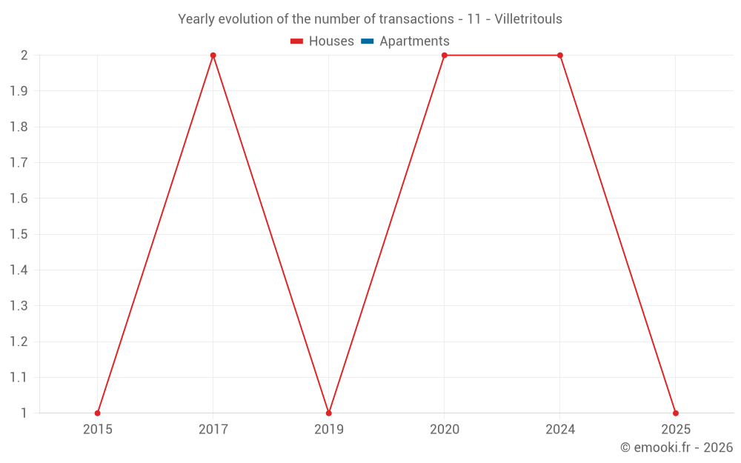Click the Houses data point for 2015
click(98, 413)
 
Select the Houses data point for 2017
click(213, 56)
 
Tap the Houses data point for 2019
click(329, 413)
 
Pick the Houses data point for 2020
click(445, 56)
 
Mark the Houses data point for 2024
click(560, 56)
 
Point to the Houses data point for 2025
click(676, 413)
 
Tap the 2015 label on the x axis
click(98, 430)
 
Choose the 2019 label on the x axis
click(329, 430)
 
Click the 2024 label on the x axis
click(560, 430)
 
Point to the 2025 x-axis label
click(676, 430)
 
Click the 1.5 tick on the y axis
click(19, 234)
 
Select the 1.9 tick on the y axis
click(19, 91)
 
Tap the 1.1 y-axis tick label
click(19, 377)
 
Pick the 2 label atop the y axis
click(24, 56)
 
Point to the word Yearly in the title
click(196, 19)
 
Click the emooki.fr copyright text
click(677, 447)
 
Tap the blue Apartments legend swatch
click(368, 41)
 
